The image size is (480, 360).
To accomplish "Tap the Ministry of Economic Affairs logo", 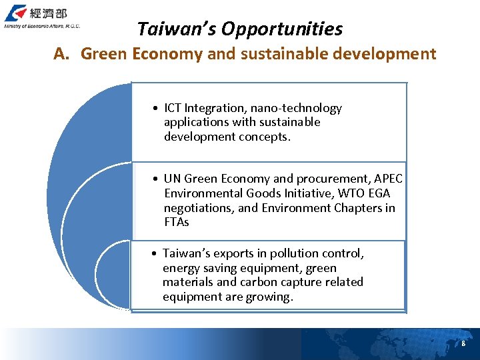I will [42, 17].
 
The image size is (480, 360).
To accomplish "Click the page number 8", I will [463, 343].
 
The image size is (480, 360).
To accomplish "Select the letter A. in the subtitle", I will [62, 54].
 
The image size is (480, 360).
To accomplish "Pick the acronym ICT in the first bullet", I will [173, 108].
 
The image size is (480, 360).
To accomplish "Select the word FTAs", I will [177, 222].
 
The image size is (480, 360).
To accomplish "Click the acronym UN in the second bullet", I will [172, 179].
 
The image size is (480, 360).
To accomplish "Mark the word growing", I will [271, 297].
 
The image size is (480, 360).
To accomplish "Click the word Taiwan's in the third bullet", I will [187, 253].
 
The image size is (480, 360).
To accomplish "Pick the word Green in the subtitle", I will [104, 54].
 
